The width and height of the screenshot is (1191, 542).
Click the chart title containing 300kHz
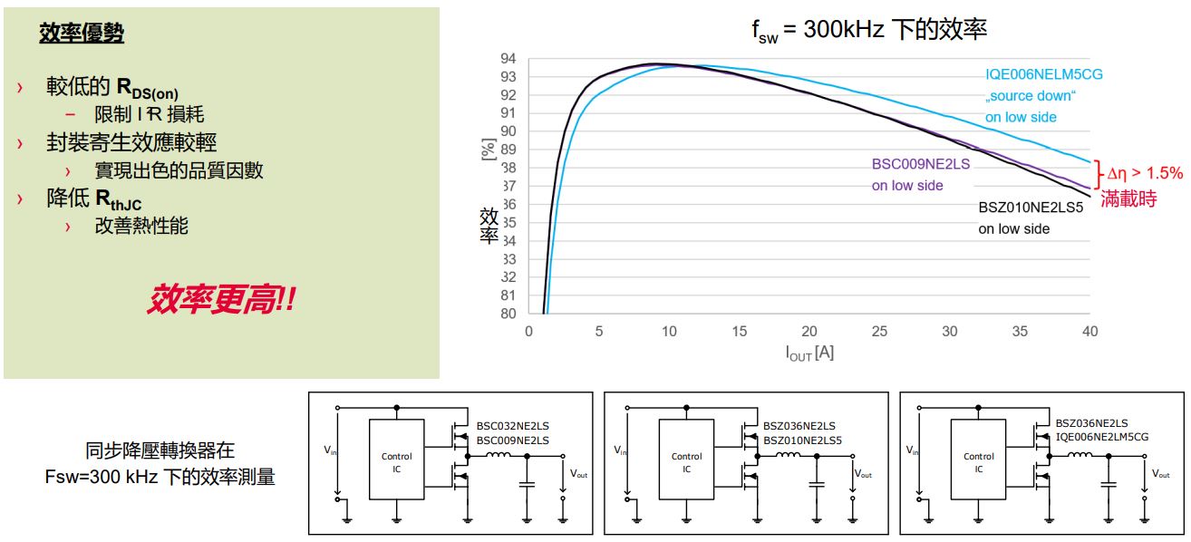pos(868,30)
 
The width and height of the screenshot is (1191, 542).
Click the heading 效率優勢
pos(82,34)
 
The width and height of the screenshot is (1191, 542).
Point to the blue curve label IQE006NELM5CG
pos(1044,74)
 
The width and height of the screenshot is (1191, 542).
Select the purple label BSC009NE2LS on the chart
pos(920,164)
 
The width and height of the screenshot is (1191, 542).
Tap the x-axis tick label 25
pos(879,332)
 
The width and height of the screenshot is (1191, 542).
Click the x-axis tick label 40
pos(1089,332)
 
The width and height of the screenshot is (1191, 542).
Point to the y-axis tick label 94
pos(508,59)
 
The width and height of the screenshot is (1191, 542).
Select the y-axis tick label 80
pos(508,314)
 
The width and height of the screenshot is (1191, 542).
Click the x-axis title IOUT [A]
pos(809,353)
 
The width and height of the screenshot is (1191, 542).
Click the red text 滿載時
pos(1128,198)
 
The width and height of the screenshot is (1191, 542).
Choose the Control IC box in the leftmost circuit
pos(396,462)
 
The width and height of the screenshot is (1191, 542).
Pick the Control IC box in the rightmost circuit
pos(979,462)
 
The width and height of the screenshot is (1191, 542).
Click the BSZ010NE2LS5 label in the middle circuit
pos(802,440)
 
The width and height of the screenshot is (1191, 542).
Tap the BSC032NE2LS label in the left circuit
pos(512,424)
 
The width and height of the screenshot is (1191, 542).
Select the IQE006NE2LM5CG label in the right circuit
pos(1102,437)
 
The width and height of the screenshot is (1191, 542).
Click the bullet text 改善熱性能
pos(141,227)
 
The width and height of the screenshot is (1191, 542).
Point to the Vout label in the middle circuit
pos(864,474)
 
